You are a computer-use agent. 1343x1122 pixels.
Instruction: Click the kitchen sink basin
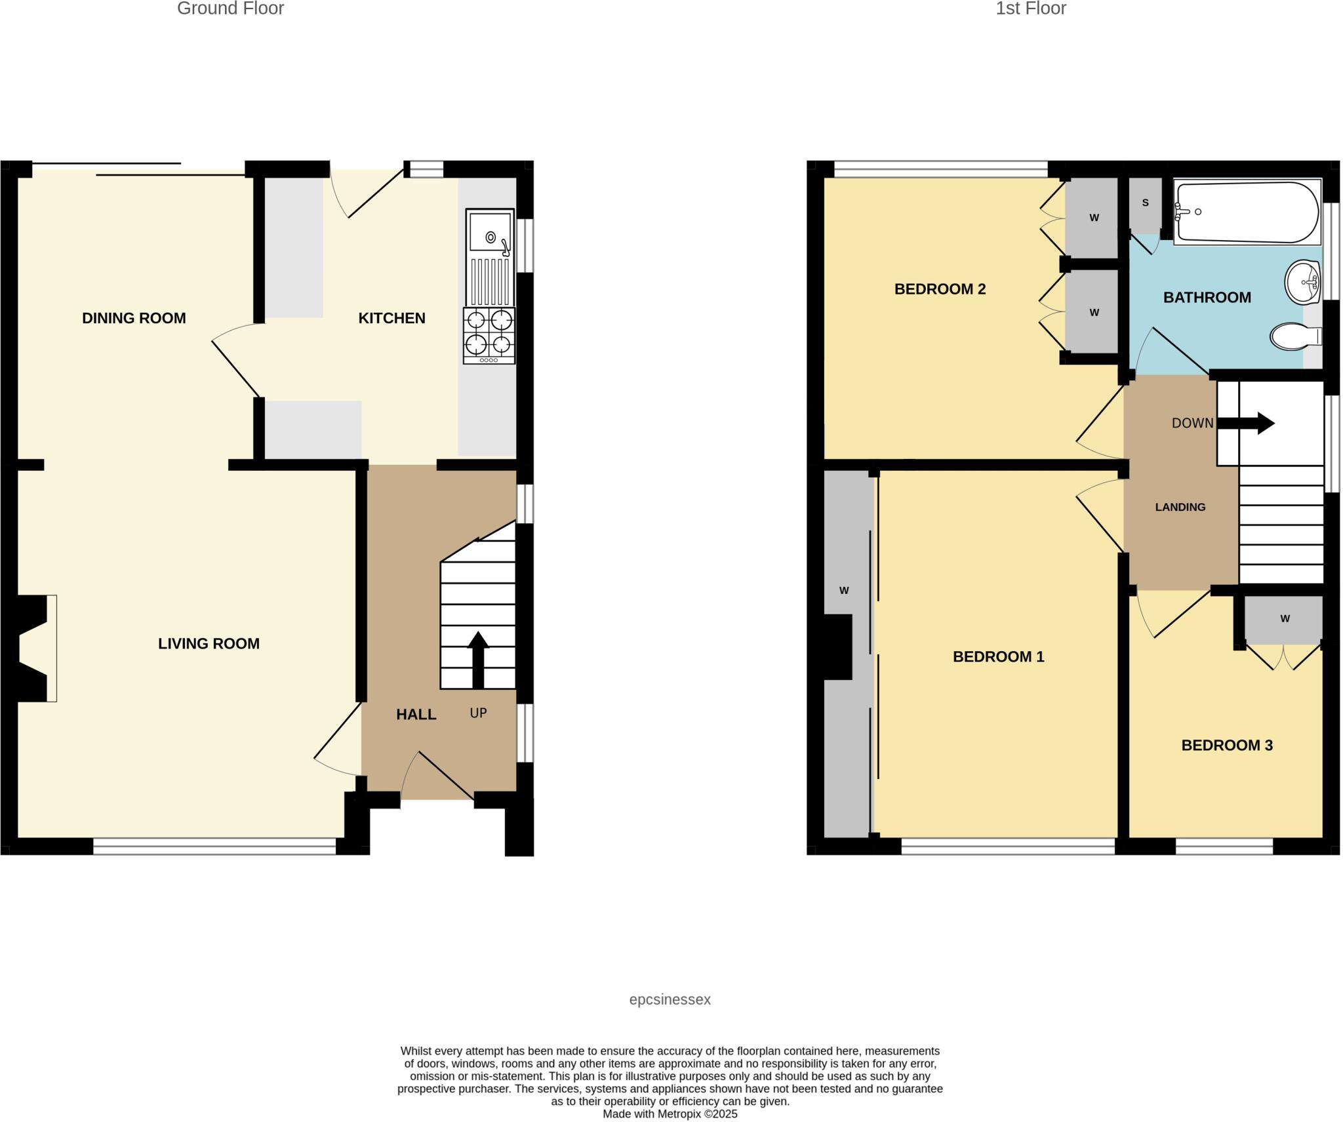tap(489, 231)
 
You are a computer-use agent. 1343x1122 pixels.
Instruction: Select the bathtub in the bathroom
tap(1247, 212)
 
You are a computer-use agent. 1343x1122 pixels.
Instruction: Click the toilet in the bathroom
tap(1294, 336)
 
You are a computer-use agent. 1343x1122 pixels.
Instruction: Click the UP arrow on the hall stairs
tap(478, 659)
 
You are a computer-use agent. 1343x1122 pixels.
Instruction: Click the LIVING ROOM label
tap(209, 643)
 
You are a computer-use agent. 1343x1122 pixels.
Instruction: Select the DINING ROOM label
tap(134, 318)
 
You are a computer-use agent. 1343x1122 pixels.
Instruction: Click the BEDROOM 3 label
tap(1226, 745)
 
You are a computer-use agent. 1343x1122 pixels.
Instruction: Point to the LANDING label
tap(1180, 507)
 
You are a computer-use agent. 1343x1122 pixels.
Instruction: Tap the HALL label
tap(416, 714)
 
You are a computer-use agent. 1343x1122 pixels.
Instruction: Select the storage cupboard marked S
tap(1145, 204)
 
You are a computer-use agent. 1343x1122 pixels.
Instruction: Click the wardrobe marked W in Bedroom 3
tap(1284, 619)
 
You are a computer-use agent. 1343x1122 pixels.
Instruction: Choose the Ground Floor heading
tap(230, 9)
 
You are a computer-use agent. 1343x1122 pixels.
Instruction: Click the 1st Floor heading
tap(1030, 9)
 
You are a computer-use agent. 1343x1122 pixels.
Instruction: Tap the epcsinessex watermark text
tap(670, 999)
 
